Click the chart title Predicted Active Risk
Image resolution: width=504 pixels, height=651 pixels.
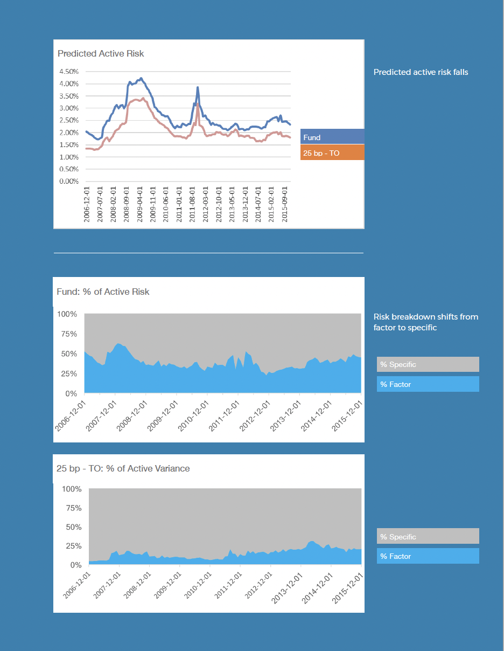tap(101, 53)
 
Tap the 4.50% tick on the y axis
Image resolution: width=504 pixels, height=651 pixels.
tap(68, 71)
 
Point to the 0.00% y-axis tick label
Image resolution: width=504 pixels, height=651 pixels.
tap(68, 181)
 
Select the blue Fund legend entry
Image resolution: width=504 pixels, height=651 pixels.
tap(332, 137)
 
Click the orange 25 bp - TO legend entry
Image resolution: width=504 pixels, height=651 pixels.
tap(332, 153)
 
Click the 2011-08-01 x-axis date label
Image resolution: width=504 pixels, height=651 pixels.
tap(192, 204)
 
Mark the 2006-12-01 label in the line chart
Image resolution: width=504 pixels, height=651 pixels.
tap(87, 204)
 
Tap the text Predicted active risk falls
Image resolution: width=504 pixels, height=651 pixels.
tap(421, 72)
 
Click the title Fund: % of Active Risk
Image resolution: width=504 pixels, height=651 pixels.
tap(103, 292)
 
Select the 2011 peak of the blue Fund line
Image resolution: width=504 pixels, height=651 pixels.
tap(198, 87)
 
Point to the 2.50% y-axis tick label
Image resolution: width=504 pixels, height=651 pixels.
tap(68, 120)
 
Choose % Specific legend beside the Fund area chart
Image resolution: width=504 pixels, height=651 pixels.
tap(428, 365)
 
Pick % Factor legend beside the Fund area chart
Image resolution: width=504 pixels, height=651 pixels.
tap(428, 384)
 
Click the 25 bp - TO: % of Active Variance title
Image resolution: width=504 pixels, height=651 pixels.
tap(123, 468)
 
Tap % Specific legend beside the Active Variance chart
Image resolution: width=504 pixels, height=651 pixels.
tap(428, 537)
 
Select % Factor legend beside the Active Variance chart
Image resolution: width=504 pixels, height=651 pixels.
tap(428, 556)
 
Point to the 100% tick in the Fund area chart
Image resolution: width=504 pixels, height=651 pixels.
tap(67, 314)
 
